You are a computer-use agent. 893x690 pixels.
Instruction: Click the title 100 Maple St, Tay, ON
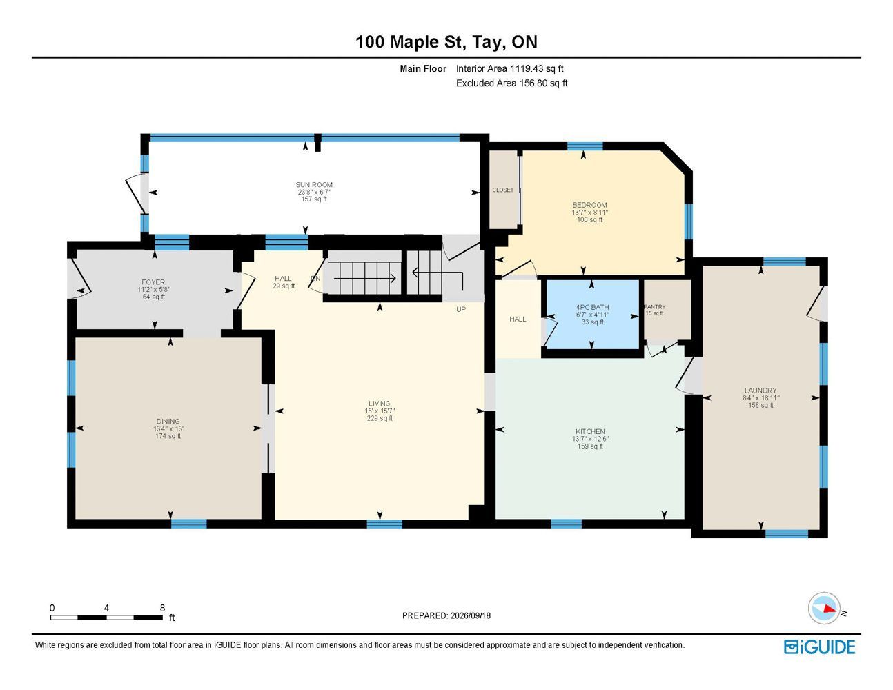(x=446, y=42)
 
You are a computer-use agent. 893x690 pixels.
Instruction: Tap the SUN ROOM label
(x=314, y=185)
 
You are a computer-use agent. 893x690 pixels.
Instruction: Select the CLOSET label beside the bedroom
(x=503, y=190)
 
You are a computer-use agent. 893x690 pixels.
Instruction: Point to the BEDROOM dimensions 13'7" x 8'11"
(x=590, y=213)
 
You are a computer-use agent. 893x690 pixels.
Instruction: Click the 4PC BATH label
(x=592, y=307)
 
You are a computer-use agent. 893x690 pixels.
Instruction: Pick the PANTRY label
(x=655, y=307)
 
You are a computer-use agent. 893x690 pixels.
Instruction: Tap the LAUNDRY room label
(x=760, y=391)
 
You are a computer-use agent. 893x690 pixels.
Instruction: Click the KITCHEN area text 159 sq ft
(x=590, y=446)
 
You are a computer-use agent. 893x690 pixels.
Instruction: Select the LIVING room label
(x=380, y=404)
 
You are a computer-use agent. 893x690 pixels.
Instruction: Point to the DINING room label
(x=168, y=422)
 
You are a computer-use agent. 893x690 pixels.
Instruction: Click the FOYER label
(x=153, y=282)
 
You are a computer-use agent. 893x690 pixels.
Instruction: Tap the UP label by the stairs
(x=461, y=309)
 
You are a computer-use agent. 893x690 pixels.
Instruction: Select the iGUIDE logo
(x=819, y=647)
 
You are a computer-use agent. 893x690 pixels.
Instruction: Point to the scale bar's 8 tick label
(x=162, y=608)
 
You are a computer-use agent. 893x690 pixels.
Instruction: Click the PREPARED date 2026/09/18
(x=471, y=615)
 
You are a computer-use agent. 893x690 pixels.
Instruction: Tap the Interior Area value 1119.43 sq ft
(x=537, y=68)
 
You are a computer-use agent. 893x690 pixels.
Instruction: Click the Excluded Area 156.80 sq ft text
(x=511, y=83)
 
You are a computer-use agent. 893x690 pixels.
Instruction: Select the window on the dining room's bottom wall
(x=189, y=524)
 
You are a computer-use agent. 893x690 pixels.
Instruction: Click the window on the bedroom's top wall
(x=585, y=146)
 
